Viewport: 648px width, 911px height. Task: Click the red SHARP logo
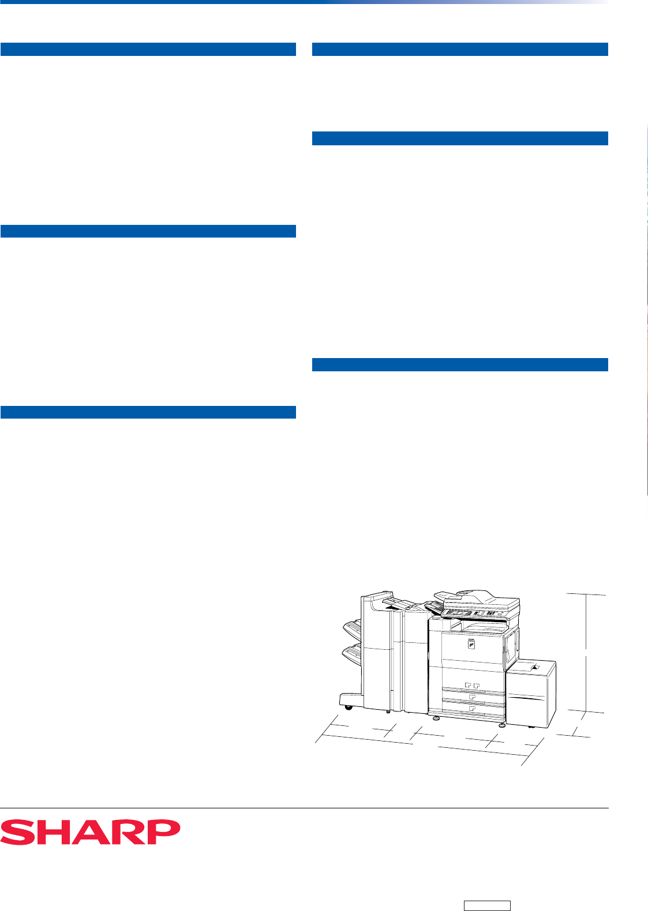click(90, 832)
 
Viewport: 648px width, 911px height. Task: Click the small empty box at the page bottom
click(487, 906)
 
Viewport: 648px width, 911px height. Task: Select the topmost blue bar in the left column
click(148, 49)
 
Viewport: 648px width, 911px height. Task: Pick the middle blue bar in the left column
click(148, 231)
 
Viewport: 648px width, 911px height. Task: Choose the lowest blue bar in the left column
click(148, 412)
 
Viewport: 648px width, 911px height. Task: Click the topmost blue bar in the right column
click(460, 49)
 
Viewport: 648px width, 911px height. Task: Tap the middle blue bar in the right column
click(460, 138)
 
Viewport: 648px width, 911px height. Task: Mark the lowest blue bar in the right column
click(460, 364)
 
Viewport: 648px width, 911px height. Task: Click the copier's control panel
click(474, 613)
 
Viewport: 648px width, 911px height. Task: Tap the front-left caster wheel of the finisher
click(348, 707)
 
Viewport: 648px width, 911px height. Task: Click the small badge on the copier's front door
click(471, 643)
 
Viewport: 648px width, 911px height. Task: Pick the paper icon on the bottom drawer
click(472, 708)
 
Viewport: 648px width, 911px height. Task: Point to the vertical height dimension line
click(586, 653)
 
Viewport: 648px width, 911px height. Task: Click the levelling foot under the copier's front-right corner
click(501, 725)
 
